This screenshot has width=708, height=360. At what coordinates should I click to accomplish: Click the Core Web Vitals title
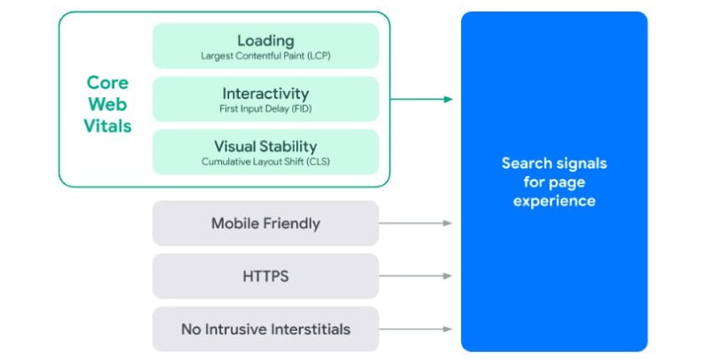108,103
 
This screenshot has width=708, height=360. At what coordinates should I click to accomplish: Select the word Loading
265,41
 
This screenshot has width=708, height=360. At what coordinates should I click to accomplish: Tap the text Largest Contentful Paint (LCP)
265,57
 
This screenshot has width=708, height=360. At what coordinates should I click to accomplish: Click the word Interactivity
265,94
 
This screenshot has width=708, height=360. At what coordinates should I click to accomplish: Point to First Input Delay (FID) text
265,110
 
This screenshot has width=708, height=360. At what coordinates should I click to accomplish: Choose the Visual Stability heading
265,146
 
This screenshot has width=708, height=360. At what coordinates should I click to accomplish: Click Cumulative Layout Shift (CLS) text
265,162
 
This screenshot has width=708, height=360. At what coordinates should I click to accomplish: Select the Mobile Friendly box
265,224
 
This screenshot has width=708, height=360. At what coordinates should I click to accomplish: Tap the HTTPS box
265,277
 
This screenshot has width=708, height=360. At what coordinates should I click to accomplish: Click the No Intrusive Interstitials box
265,329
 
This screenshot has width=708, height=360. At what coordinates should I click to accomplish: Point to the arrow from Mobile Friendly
416,224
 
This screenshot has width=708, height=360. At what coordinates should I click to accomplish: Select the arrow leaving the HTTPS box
416,277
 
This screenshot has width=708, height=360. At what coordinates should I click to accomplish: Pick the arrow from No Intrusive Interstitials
416,329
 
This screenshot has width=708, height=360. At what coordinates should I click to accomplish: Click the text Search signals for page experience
554,182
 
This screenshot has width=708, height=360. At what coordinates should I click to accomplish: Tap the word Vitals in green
108,126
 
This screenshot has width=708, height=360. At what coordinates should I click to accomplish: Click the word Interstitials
306,329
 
